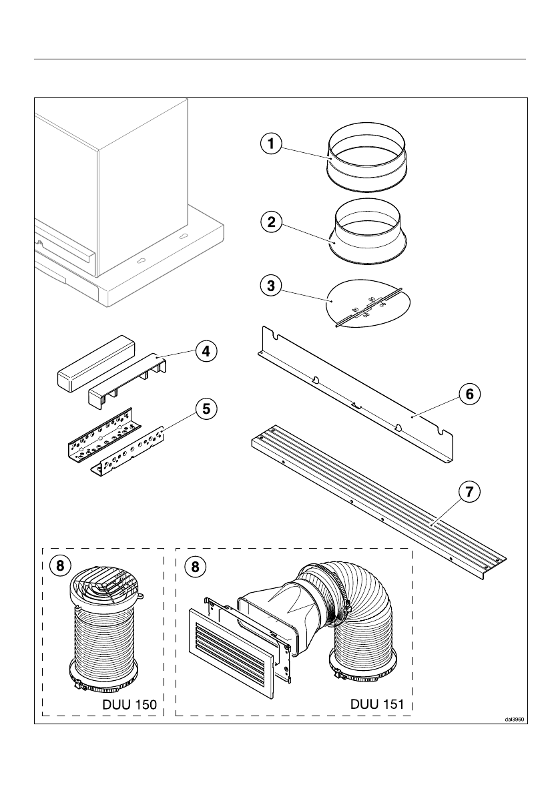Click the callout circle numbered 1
271,144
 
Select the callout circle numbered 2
272,222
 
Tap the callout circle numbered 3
271,286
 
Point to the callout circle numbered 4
206,351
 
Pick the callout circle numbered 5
206,409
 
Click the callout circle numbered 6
470,394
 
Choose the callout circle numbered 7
470,493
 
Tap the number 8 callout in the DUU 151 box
195,567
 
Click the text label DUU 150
129,704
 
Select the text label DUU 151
377,704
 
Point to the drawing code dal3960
514,719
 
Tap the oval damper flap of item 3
368,302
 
